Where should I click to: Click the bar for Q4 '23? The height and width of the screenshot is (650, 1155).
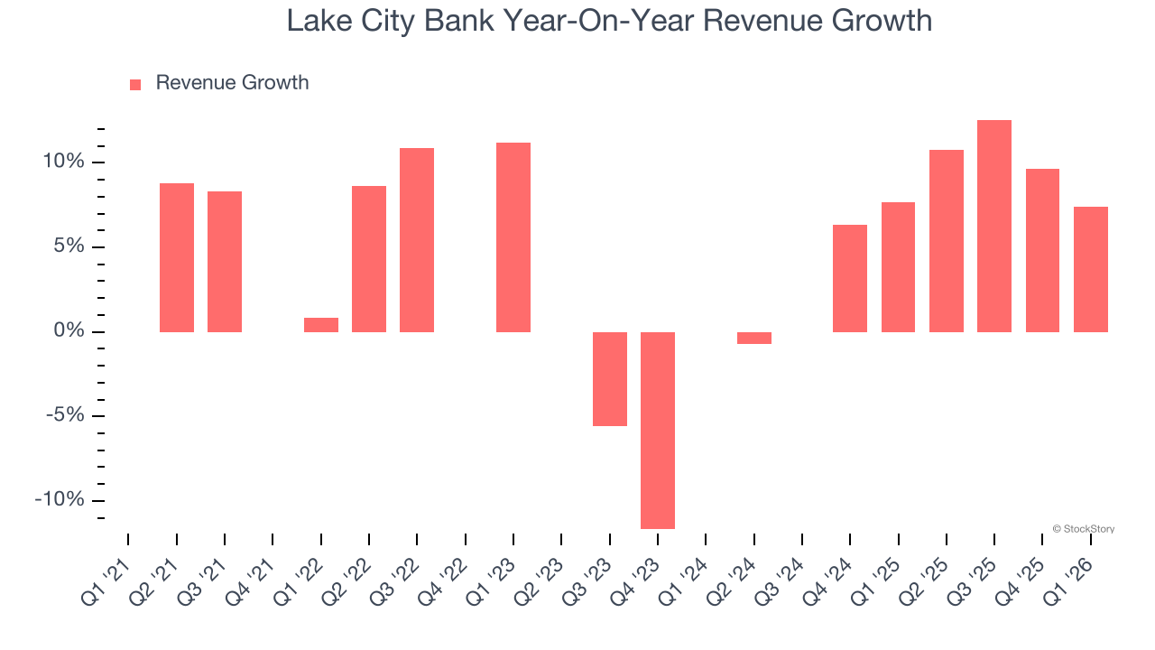[658, 430]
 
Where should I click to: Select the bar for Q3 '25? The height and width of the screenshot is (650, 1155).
[994, 226]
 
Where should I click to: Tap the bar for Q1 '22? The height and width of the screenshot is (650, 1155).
[321, 325]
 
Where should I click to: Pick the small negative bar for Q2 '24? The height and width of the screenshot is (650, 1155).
[754, 338]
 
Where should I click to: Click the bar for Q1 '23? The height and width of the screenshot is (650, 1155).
[513, 237]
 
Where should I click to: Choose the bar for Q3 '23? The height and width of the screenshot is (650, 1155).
[610, 378]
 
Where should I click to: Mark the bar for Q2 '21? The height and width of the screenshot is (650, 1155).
[177, 257]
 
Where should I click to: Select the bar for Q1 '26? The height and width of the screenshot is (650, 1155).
[1091, 269]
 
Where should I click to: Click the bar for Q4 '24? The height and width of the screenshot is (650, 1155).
[850, 278]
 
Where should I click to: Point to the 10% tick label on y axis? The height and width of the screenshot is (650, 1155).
[61, 162]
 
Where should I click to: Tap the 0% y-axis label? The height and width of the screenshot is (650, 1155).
[67, 331]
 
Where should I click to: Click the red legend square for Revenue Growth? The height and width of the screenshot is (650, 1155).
[135, 84]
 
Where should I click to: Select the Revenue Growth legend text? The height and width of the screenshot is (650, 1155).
[232, 83]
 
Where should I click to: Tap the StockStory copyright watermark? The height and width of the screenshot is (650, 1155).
[1083, 529]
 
